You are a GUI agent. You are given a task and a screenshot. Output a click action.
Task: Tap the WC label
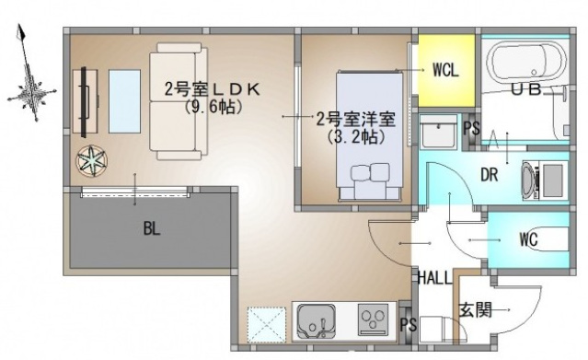click(x=528, y=240)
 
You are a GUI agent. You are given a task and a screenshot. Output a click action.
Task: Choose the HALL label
click(x=433, y=278)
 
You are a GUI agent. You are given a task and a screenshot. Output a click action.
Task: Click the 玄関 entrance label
click(x=476, y=311)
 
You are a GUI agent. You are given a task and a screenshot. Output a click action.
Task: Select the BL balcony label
click(x=152, y=229)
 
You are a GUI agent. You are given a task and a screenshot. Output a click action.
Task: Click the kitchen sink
click(x=317, y=321)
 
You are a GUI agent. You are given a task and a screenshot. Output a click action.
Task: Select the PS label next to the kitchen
click(x=409, y=324)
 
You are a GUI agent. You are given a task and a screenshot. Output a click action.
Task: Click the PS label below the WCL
click(x=470, y=128)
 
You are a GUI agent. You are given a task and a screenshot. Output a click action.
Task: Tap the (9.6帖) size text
click(x=213, y=107)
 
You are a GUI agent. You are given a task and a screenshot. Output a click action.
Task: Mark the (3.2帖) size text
click(x=355, y=136)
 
